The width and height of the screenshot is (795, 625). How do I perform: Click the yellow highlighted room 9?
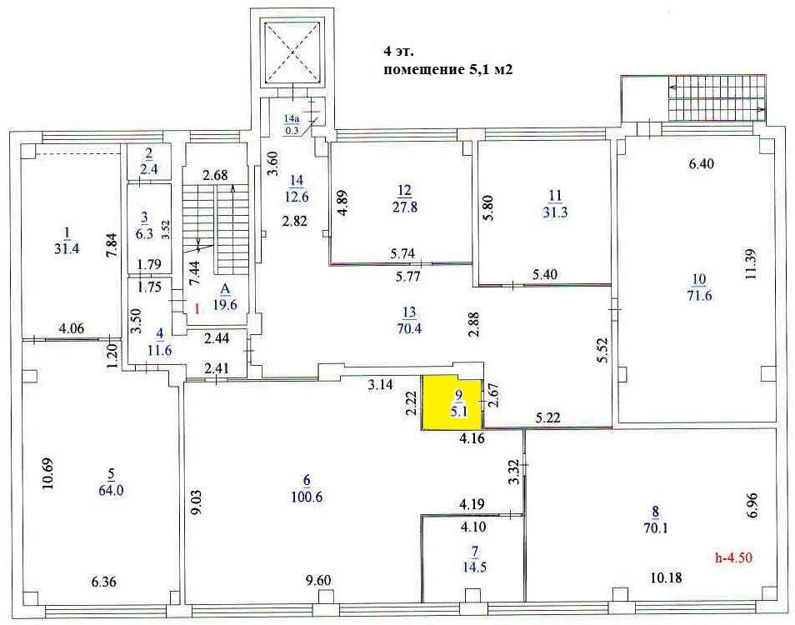tap(451, 404)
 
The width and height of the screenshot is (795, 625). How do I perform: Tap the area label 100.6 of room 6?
tap(307, 497)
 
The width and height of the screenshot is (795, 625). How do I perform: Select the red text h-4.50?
tap(733, 558)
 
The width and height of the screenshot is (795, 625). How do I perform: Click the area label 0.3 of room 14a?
tap(292, 130)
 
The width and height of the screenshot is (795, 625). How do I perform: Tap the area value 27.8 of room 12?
tap(405, 207)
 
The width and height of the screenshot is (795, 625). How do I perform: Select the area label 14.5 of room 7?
tap(474, 567)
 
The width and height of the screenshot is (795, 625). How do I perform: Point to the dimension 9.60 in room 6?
tap(317, 580)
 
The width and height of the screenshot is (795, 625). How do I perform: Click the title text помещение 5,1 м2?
tap(448, 69)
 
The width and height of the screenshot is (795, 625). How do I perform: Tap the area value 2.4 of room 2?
tap(149, 169)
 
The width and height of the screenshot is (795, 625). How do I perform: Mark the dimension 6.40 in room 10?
tap(700, 163)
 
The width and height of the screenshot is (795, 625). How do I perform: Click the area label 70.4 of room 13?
tap(409, 328)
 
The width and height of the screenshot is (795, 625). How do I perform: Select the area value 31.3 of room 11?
tap(555, 212)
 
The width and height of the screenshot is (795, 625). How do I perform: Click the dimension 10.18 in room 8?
tap(666, 577)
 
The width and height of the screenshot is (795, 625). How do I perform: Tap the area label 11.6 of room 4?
tap(160, 349)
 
